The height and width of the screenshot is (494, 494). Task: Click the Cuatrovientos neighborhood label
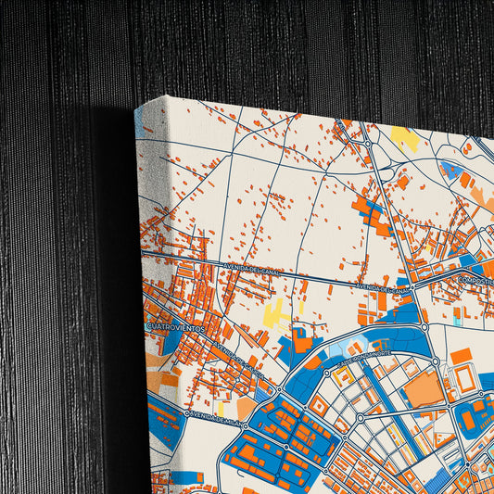tap(175, 325)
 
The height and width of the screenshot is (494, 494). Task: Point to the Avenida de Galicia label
tap(237, 360)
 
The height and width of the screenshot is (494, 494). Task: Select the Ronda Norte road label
tap(364, 354)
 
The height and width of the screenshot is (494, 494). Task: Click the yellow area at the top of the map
tap(403, 139)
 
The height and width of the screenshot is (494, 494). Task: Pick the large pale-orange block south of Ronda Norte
tap(424, 389)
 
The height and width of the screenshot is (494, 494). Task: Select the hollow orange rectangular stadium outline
tap(463, 378)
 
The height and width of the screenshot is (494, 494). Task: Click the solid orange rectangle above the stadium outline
tap(461, 355)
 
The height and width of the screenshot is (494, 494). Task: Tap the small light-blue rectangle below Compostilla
tap(457, 315)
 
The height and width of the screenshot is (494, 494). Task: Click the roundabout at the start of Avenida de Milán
tap(187, 412)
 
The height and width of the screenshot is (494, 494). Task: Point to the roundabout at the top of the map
tap(368, 143)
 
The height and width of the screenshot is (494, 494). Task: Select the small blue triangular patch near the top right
tap(449, 169)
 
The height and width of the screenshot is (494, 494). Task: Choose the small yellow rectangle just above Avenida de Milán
tap(220, 406)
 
